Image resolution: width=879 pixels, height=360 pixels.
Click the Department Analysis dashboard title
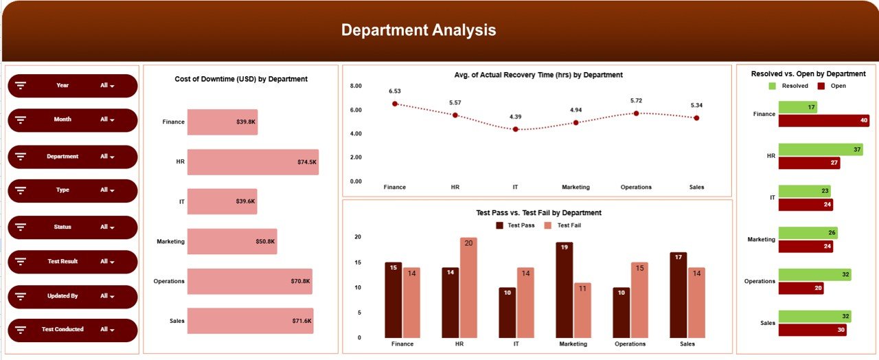(x=418, y=30)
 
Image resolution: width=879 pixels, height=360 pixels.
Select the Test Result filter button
(x=72, y=262)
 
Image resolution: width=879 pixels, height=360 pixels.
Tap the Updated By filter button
(x=72, y=296)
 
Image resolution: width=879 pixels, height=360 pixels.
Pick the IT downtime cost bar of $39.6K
(x=222, y=201)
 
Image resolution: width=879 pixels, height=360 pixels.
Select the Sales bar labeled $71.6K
(x=250, y=321)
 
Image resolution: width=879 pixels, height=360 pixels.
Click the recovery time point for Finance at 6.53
(x=395, y=104)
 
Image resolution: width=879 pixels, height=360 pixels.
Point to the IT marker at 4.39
(x=516, y=129)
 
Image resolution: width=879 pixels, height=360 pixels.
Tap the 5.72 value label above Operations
(x=637, y=101)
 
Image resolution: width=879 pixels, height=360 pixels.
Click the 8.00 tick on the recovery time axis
(x=356, y=86)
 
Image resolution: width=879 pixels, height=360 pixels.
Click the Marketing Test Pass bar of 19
(x=564, y=289)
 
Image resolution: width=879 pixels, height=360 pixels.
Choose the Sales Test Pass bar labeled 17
(x=678, y=295)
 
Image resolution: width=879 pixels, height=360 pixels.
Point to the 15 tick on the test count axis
(x=357, y=262)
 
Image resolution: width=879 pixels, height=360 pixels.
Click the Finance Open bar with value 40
(x=823, y=121)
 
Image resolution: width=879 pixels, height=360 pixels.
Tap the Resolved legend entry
(x=788, y=86)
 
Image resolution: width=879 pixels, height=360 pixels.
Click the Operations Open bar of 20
(x=801, y=288)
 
